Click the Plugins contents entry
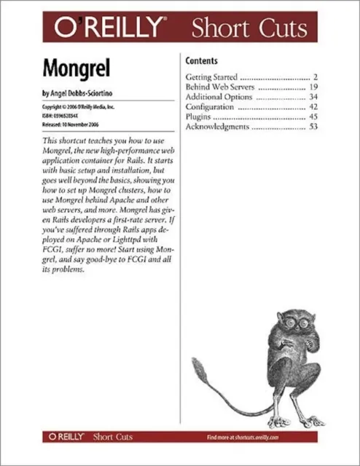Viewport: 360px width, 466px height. click(200, 116)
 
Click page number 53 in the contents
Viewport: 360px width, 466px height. click(313, 127)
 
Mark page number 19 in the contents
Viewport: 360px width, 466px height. click(313, 86)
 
